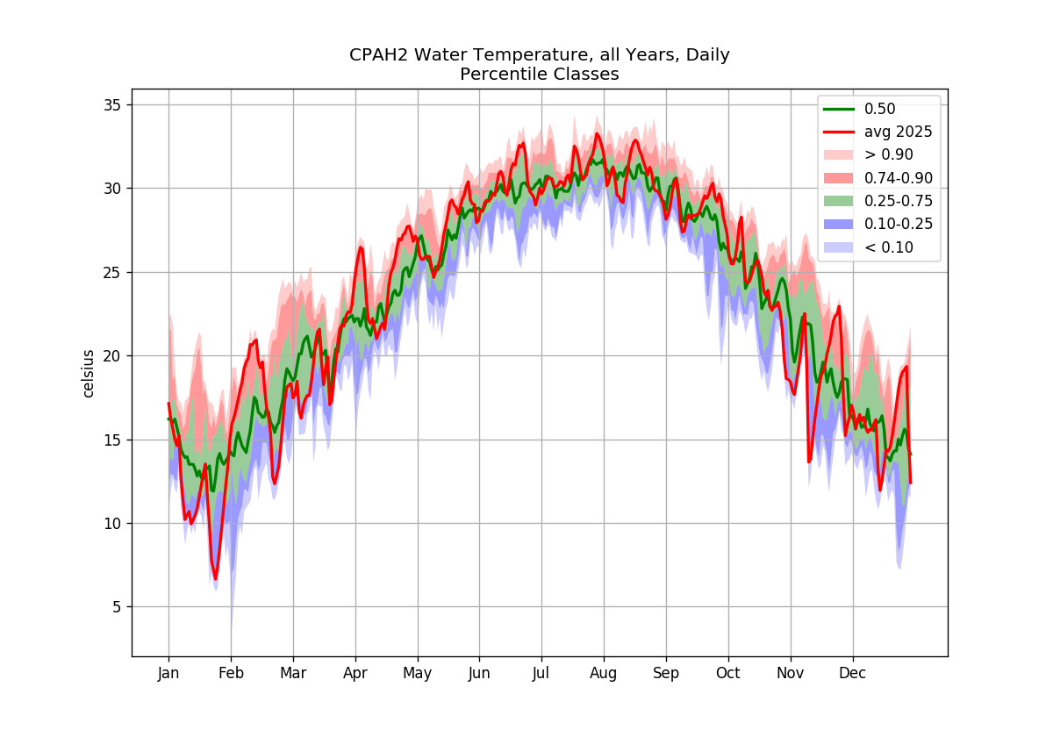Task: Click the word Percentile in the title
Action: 504,75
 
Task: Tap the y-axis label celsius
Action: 88,374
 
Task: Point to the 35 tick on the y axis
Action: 112,104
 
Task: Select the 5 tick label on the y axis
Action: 116,607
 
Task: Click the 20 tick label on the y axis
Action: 112,356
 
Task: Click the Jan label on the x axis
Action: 168,674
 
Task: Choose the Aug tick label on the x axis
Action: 604,674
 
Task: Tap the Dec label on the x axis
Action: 853,673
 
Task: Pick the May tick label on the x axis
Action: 418,674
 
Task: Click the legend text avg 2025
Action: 899,132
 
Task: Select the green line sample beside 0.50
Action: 839,109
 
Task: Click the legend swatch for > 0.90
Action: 839,154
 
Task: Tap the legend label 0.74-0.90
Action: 899,178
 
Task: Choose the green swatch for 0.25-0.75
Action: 839,201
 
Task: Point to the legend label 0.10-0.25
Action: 899,224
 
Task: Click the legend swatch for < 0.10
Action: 839,247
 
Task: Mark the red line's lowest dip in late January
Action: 215,579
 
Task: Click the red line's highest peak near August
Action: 597,134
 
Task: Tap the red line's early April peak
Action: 361,247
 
